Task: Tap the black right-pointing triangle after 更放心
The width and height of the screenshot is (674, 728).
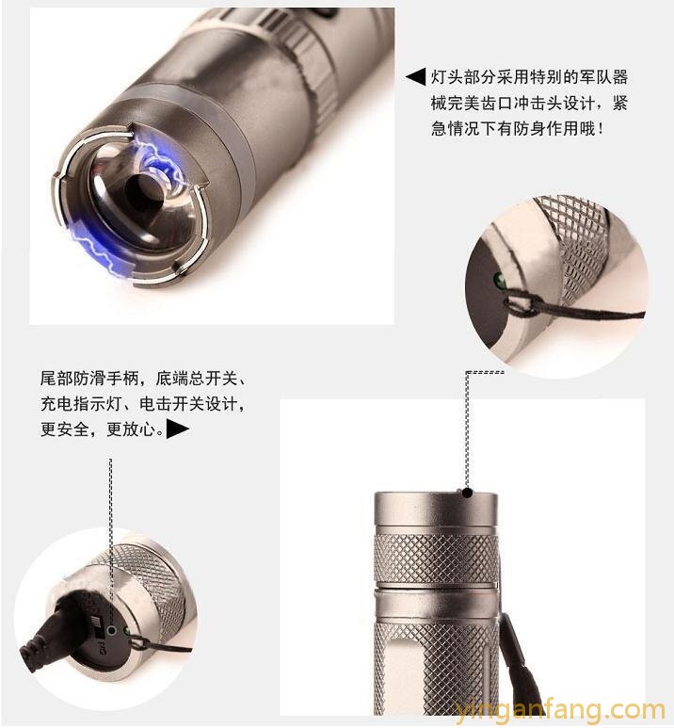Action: point(178,429)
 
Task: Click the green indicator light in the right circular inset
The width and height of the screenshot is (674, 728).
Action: point(500,279)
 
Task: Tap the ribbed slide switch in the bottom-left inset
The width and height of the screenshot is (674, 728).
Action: point(96,625)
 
